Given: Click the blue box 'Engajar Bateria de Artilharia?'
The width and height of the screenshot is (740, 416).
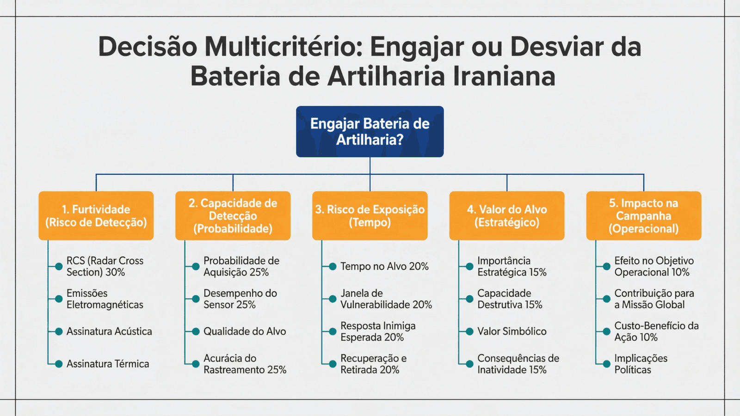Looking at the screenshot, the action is click(370, 131).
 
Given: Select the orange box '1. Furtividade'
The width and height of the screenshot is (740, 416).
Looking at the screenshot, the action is click(96, 215).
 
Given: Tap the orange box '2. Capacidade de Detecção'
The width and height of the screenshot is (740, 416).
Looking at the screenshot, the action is click(233, 215).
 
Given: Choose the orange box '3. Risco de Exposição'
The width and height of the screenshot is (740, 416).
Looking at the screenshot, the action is click(370, 215).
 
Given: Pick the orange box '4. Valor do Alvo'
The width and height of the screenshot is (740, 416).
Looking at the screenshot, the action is click(507, 215).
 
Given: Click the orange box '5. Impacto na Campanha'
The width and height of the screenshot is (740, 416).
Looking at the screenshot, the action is click(643, 215).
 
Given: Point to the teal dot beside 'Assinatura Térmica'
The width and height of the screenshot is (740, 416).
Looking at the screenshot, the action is click(59, 364).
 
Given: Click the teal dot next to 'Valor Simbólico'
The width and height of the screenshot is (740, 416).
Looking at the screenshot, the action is click(469, 331).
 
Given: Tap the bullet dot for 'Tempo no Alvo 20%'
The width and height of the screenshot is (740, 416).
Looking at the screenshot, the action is click(333, 266).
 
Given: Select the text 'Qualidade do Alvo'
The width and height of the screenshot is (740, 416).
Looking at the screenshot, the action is click(245, 331).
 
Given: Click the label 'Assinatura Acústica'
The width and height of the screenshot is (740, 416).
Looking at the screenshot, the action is click(109, 331).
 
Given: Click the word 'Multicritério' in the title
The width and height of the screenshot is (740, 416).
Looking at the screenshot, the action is click(283, 47).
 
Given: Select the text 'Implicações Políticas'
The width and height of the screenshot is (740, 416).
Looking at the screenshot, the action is click(641, 364).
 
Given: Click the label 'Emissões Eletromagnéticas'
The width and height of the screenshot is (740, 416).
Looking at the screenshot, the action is click(105, 299).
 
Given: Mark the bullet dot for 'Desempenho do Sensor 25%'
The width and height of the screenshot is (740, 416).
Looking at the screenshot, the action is click(196, 299).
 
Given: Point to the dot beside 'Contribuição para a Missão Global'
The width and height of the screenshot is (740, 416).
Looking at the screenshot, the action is click(606, 299).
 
